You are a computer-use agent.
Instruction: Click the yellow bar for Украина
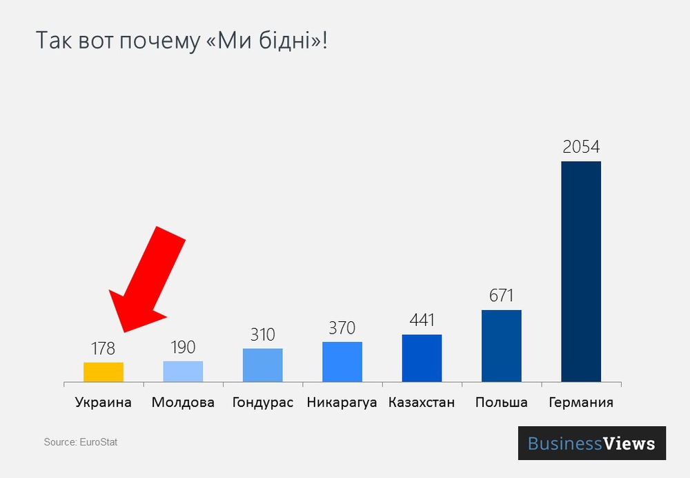tap(103, 372)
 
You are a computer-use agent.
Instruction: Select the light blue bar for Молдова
tap(183, 371)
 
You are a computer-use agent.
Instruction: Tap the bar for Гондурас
tap(263, 365)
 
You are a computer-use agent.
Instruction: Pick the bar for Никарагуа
tap(342, 361)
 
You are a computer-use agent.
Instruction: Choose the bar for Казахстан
tap(422, 358)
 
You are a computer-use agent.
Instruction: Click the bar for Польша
tap(502, 345)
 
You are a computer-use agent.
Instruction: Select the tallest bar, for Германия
tap(581, 271)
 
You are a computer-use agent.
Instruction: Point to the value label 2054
tap(581, 147)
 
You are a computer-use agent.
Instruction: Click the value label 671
tap(502, 296)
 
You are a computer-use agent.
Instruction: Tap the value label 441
tap(422, 321)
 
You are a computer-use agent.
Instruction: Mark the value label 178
tap(103, 348)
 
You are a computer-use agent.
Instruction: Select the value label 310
tap(263, 335)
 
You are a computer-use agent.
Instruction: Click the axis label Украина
tap(103, 402)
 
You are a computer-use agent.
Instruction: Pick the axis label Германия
tap(581, 402)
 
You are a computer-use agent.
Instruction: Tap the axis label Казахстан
tap(422, 402)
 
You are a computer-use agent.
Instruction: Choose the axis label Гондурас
tap(263, 402)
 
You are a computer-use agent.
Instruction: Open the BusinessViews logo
tap(592, 443)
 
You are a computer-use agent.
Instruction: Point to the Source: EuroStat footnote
tap(81, 442)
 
